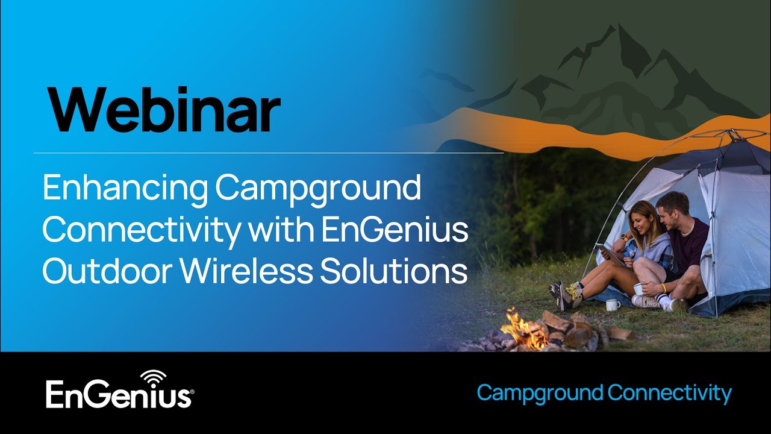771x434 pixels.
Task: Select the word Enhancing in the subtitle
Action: pyautogui.click(x=123, y=189)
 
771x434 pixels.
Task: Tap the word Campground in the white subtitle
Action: pyautogui.click(x=318, y=189)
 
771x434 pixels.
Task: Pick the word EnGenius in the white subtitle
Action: pyautogui.click(x=395, y=230)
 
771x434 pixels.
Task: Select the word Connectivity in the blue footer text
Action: pyautogui.click(x=669, y=394)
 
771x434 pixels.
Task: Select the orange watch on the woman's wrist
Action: pyautogui.click(x=624, y=237)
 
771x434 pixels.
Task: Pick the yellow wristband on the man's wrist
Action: pyautogui.click(x=663, y=288)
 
